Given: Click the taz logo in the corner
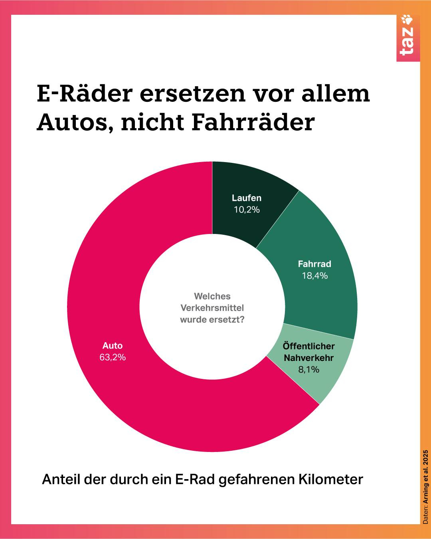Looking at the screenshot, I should point(408,38).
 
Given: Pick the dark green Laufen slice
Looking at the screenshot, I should point(247,184).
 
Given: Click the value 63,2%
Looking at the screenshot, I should point(113,357).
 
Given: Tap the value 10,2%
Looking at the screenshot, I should point(247,210).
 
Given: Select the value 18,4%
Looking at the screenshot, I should point(314,276).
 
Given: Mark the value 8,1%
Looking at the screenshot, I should point(309,370).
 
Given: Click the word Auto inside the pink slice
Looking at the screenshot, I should point(113,346).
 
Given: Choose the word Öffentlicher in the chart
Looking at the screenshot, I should point(308,346).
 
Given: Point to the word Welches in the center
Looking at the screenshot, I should point(212,296).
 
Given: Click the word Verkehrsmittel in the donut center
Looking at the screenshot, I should point(212,308).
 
